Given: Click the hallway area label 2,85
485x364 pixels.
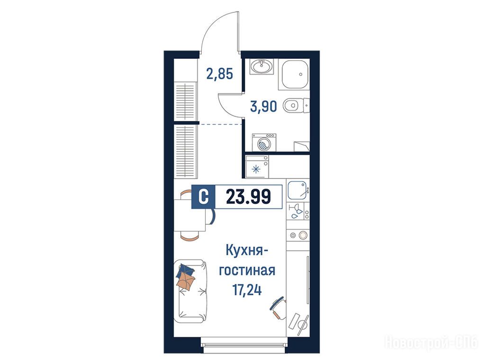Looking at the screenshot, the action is pyautogui.click(x=220, y=74).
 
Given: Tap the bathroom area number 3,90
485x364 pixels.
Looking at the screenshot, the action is pyautogui.click(x=263, y=107).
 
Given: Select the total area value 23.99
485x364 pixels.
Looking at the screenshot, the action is pyautogui.click(x=248, y=197).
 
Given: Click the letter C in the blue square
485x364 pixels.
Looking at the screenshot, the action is pyautogui.click(x=203, y=197).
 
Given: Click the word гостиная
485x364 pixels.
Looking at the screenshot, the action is pyautogui.click(x=247, y=270).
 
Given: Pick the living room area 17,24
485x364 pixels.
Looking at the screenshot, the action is pyautogui.click(x=247, y=290).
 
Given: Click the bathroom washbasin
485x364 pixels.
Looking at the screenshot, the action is pyautogui.click(x=262, y=66).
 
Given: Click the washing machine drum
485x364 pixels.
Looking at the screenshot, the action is pyautogui.click(x=264, y=144).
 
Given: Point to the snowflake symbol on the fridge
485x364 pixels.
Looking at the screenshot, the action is pyautogui.click(x=256, y=169).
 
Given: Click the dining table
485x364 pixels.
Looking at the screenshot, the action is pyautogui.click(x=189, y=216).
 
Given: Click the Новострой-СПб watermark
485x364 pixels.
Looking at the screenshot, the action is pyautogui.click(x=431, y=343).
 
